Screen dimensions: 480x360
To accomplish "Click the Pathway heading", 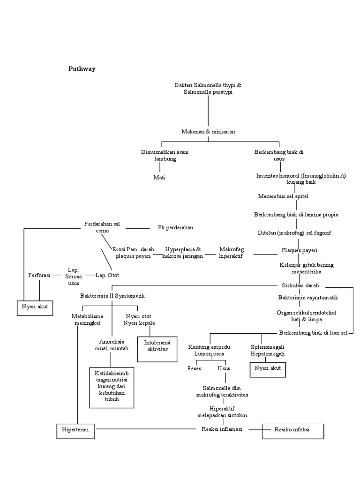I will point(82,69).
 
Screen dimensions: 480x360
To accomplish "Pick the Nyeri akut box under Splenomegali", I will point(267,368).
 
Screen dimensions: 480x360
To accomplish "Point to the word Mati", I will point(159,177).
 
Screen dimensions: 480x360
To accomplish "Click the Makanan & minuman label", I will point(208,132).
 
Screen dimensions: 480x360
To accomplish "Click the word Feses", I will point(194,368).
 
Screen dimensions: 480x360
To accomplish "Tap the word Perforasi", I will point(39,275).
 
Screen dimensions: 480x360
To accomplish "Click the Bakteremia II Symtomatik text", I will point(112,296).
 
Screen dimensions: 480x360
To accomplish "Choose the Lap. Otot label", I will point(107,275).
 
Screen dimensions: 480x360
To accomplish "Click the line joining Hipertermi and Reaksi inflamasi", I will point(145,429).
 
